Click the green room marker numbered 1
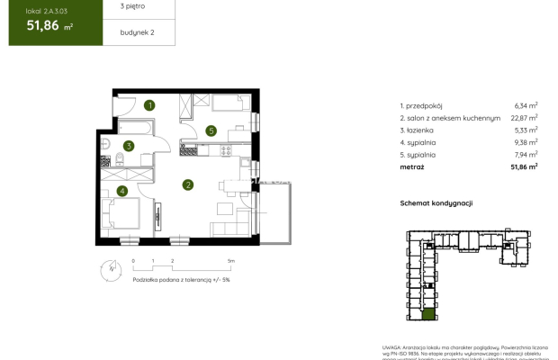coord(150,105)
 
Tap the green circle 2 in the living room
coord(188,185)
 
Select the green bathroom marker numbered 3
coord(129,146)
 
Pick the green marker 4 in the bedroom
coord(121,190)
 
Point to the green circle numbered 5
coord(211,130)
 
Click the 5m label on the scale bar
coord(231,259)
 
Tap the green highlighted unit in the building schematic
coord(429,318)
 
